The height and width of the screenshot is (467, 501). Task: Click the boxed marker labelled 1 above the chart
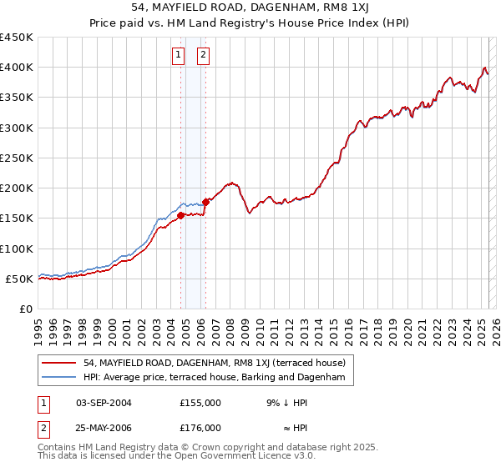point(179,56)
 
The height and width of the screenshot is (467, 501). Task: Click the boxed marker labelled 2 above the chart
point(203,56)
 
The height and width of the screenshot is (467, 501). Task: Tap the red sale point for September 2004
point(180,215)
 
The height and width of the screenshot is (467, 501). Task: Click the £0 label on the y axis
point(25,309)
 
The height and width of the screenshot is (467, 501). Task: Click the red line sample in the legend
point(59,363)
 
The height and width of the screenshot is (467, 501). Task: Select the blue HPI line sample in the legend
point(59,378)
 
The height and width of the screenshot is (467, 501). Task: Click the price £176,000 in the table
point(200,428)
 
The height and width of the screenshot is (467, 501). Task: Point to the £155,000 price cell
point(200,403)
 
